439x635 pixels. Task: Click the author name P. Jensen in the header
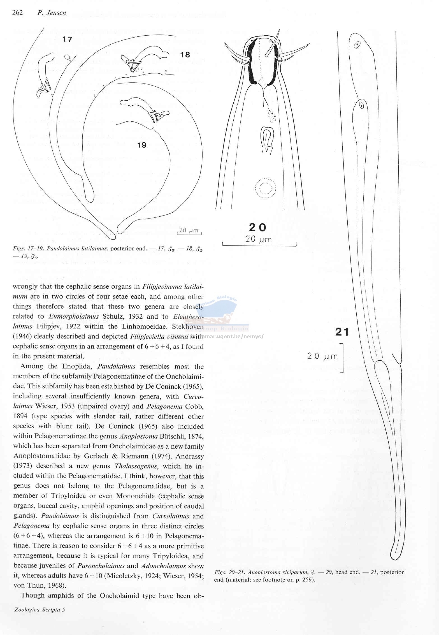(52, 13)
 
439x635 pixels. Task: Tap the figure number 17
(67, 39)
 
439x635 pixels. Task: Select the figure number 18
(185, 55)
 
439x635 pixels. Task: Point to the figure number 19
(142, 145)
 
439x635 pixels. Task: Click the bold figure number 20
(257, 227)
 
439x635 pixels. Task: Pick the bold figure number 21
(342, 332)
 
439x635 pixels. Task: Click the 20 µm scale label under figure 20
(259, 239)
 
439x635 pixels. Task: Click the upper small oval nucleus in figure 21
(357, 45)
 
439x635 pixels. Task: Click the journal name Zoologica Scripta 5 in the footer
(40, 617)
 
